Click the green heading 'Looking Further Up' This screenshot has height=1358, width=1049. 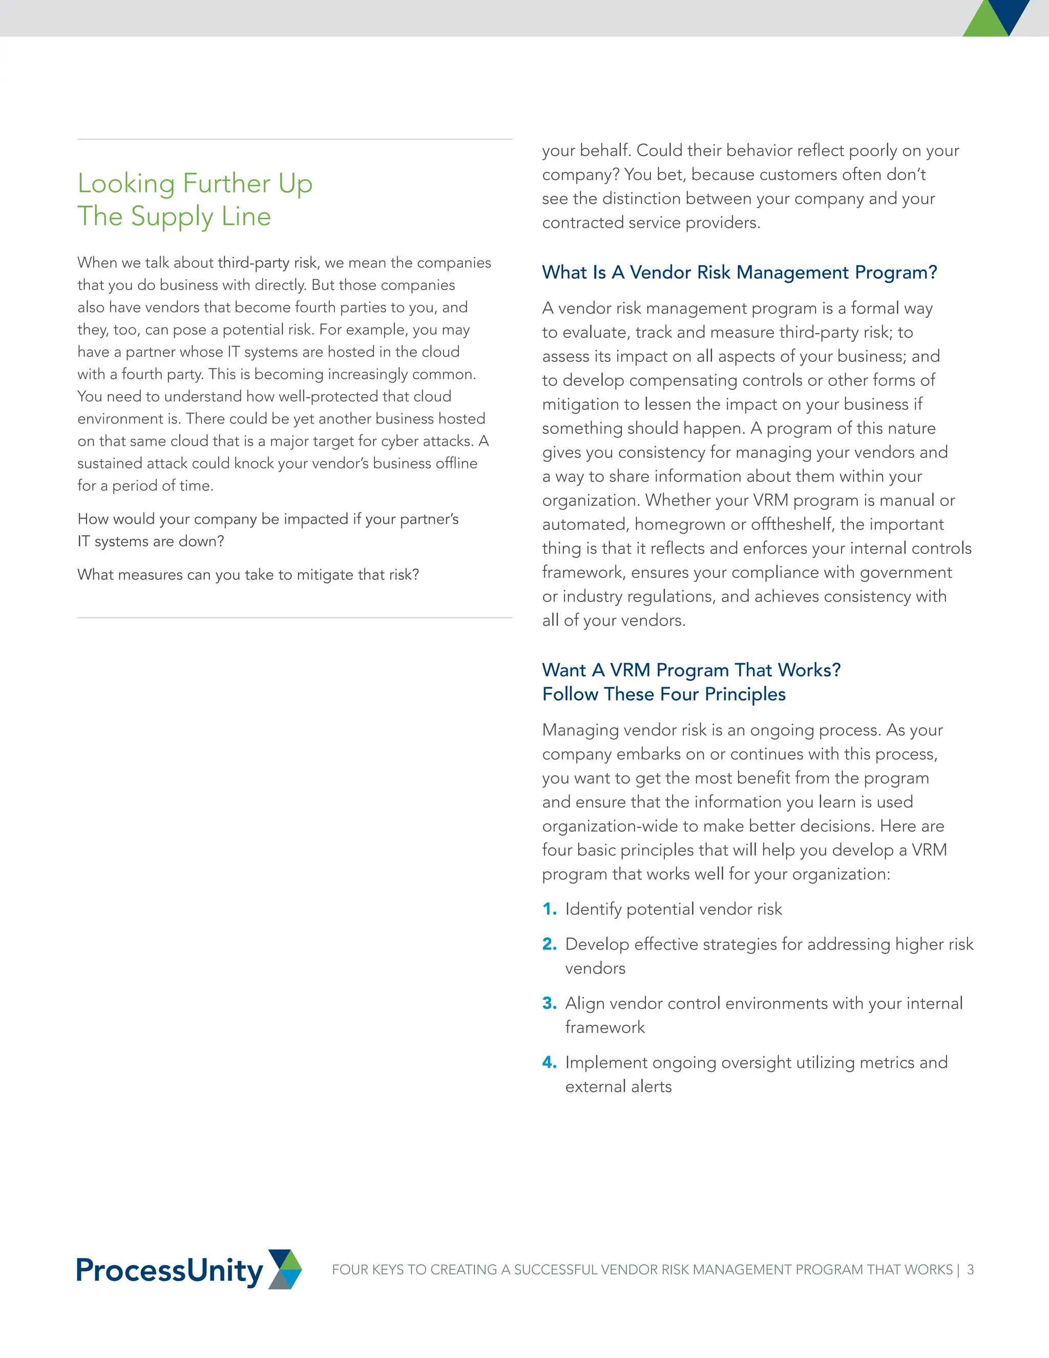pyautogui.click(x=195, y=183)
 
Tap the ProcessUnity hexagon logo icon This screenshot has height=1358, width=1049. pyautogui.click(x=285, y=1269)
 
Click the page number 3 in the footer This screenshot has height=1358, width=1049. pyautogui.click(x=970, y=1270)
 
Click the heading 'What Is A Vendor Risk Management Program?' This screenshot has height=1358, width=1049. pyautogui.click(x=739, y=272)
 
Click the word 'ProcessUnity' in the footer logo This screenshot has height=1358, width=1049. pyautogui.click(x=169, y=1270)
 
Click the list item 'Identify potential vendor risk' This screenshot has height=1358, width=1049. pyautogui.click(x=673, y=909)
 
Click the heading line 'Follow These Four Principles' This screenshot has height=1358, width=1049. pyautogui.click(x=664, y=694)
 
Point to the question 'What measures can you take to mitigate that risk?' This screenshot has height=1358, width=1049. pyautogui.click(x=248, y=574)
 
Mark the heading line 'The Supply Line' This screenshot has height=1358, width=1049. pyautogui.click(x=174, y=216)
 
